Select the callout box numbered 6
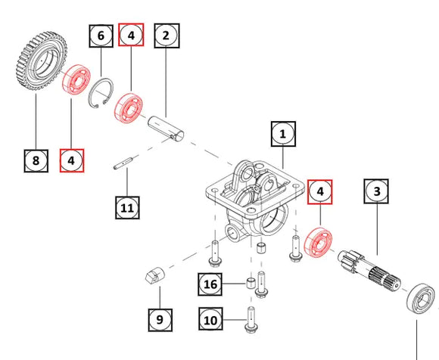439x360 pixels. coord(101,35)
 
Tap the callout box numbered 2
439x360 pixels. coord(167,35)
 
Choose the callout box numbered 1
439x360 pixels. coord(282,135)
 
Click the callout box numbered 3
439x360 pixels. coord(377,193)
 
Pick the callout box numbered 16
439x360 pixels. coord(212,284)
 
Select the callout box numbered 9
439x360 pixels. coord(159,319)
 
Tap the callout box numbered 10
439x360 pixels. coord(212,319)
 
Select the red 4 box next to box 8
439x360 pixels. coord(72,160)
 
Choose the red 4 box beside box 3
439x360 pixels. coord(320,193)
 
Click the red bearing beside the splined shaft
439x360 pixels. coord(318,244)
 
